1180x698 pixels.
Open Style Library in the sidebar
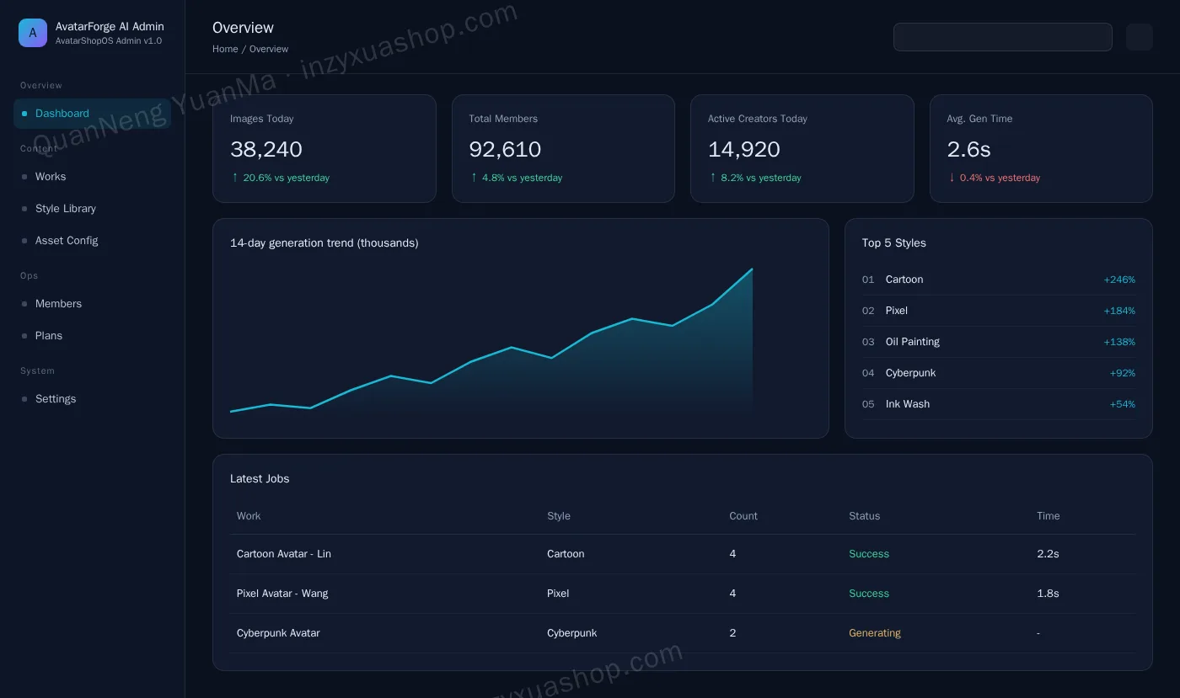66,209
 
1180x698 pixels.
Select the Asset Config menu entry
67,241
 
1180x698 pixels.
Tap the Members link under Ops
58,304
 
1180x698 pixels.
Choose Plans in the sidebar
49,336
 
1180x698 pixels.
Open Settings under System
56,399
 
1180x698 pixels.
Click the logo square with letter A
33,33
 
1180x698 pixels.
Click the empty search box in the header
1002,37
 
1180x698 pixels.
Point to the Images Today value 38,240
266,149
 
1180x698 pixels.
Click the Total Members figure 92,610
505,149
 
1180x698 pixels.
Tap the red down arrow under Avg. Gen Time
952,178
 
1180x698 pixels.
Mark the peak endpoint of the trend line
752,269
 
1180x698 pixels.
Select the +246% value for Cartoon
1119,280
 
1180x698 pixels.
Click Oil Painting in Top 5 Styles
912,342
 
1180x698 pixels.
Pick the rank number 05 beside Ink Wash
868,404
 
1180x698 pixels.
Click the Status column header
865,516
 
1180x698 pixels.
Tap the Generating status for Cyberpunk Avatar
875,632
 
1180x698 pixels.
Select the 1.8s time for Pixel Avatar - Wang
1048,594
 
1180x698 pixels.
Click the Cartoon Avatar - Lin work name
284,554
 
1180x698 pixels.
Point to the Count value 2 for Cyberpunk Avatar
732,632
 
